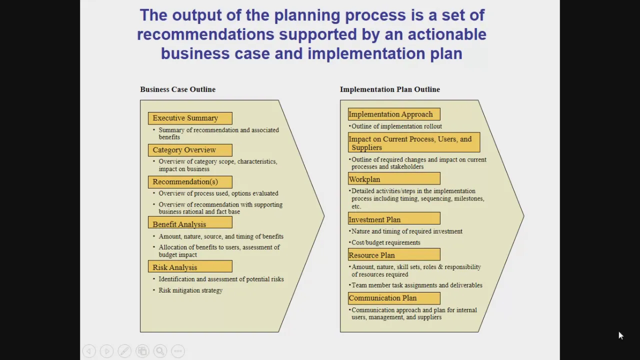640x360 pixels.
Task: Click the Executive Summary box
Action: click(190, 118)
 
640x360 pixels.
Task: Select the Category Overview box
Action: click(190, 150)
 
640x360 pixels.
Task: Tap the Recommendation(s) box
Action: click(190, 182)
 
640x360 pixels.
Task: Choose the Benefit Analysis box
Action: click(190, 222)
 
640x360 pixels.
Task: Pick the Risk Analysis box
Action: click(190, 266)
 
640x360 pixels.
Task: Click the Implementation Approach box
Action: click(394, 114)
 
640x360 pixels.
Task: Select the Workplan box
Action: click(394, 178)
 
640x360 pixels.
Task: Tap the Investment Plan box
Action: click(394, 218)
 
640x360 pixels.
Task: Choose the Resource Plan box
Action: click(394, 254)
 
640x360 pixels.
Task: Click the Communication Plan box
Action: click(394, 298)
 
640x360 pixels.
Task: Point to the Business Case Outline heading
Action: click(177, 89)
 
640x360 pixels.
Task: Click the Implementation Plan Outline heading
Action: click(390, 89)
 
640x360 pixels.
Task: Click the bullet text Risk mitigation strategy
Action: click(190, 290)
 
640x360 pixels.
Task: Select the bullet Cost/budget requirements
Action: click(385, 242)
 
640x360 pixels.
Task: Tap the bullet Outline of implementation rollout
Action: click(396, 126)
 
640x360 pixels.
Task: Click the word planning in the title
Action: click(307, 15)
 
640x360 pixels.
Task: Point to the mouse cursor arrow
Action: click(621, 335)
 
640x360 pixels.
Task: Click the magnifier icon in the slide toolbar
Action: click(160, 351)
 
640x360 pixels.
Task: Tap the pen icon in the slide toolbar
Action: click(124, 351)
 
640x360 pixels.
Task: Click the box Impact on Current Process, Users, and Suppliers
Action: click(414, 142)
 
